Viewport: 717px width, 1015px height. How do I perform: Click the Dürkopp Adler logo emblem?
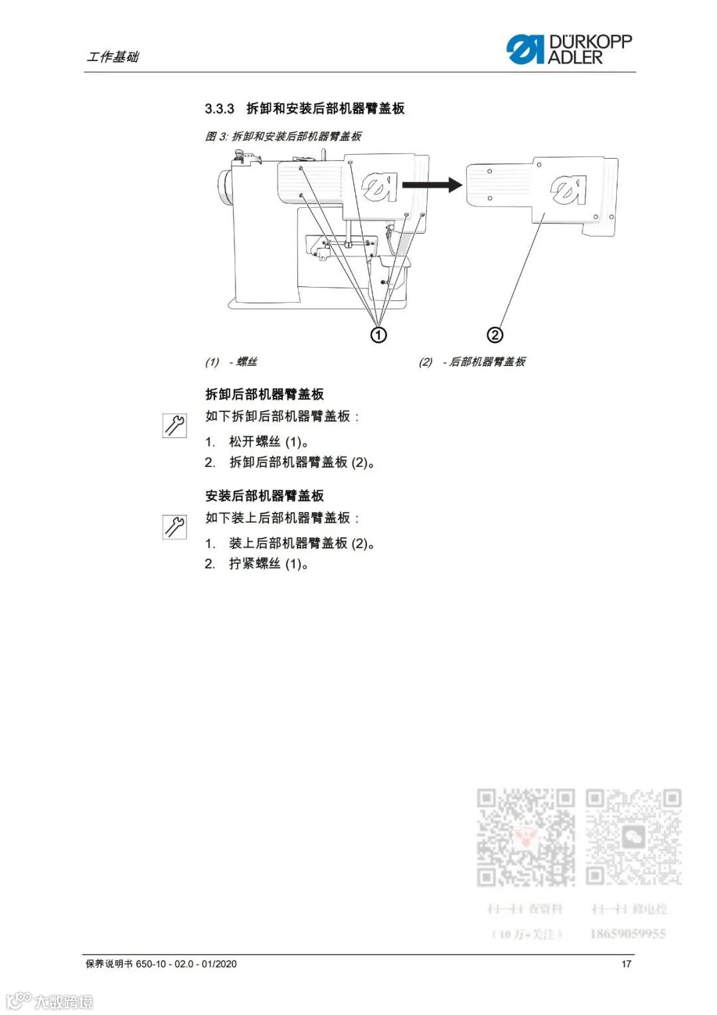point(524,50)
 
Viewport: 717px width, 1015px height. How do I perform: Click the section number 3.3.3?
point(219,108)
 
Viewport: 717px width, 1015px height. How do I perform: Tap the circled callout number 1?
point(378,334)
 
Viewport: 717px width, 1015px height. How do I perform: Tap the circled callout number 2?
point(495,334)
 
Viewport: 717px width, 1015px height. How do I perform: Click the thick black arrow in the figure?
point(432,185)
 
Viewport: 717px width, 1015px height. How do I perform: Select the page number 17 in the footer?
point(626,964)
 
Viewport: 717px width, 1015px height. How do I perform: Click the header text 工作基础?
point(113,57)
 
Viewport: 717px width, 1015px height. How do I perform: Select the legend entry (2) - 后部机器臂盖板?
point(472,362)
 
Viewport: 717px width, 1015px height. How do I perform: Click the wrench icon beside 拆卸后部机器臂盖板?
point(175,425)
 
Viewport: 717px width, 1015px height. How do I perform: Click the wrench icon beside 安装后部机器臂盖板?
point(175,527)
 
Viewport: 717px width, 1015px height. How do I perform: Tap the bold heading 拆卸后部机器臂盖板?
point(264,395)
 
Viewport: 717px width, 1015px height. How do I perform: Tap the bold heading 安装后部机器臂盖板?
point(264,496)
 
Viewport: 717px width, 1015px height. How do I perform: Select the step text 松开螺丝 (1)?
point(269,442)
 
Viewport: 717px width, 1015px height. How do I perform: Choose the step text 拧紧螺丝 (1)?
point(269,564)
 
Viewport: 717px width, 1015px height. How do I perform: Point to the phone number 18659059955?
point(627,934)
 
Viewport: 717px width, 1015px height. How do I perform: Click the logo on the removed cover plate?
point(568,190)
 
